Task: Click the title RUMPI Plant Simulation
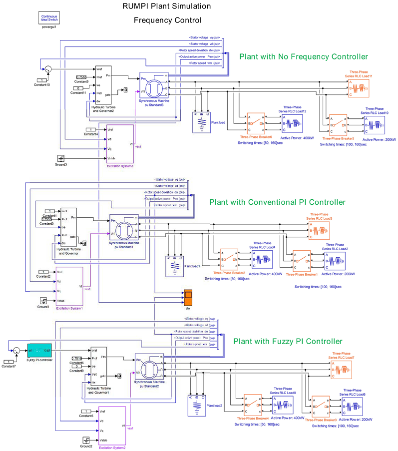[166, 6]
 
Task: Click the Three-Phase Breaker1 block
[304, 261]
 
